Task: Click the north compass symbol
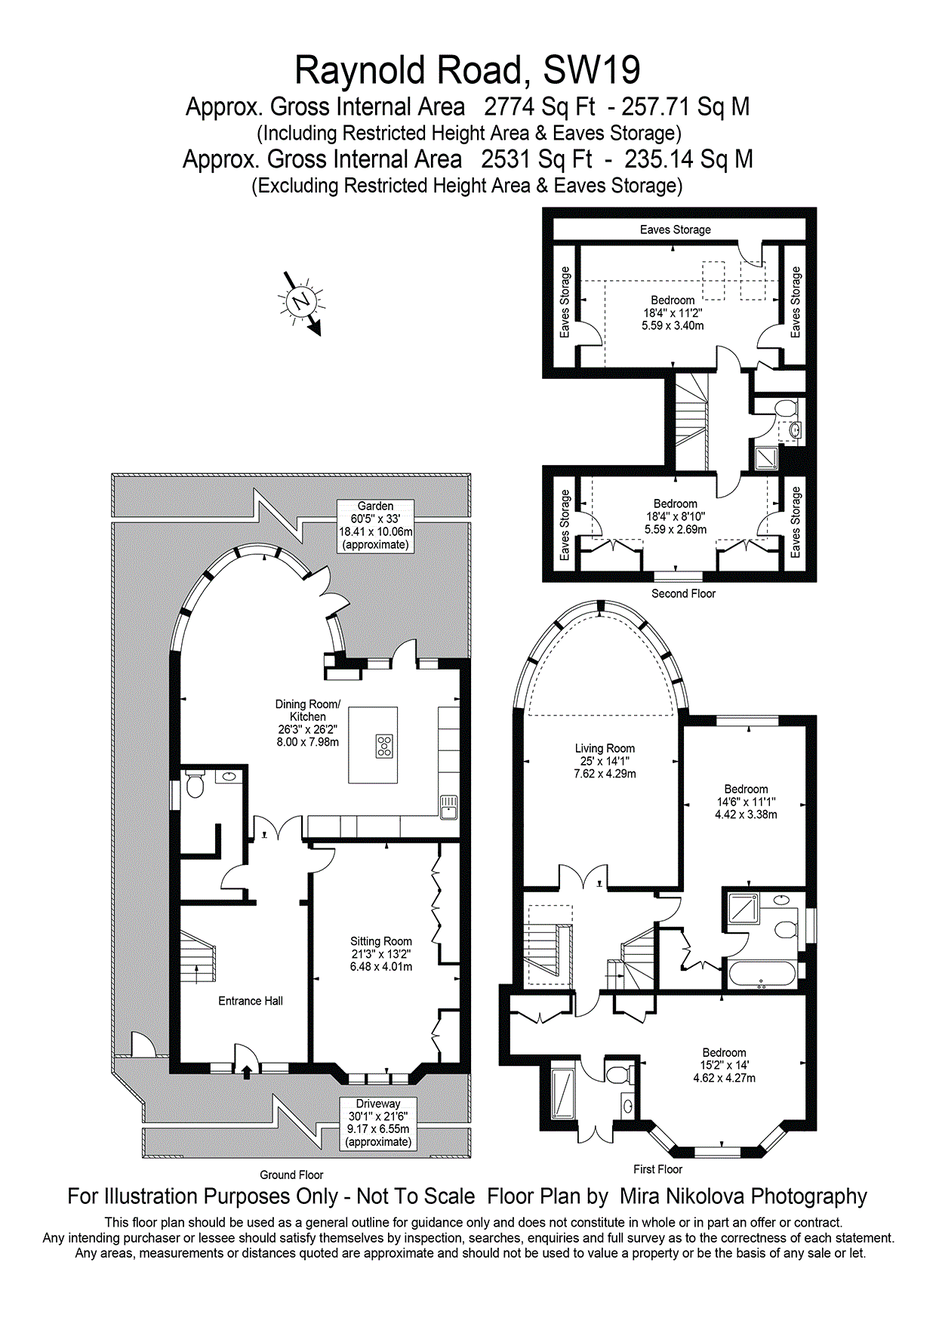pos(301,302)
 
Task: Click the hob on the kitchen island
pos(384,746)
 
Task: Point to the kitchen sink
pos(448,806)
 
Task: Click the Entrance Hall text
pos(251,1001)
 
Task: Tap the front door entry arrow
pos(246,1070)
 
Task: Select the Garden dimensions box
pos(376,525)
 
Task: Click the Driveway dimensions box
pos(378,1123)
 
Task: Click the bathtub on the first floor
pos(760,974)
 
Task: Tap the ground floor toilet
pos(195,784)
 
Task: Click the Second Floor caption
pos(683,593)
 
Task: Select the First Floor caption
pos(657,1169)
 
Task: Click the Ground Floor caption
pos(291,1175)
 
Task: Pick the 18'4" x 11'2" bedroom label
pos(673,313)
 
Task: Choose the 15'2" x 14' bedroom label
pos(725,1065)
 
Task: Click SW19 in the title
pos(592,70)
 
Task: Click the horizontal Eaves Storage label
pos(676,229)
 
